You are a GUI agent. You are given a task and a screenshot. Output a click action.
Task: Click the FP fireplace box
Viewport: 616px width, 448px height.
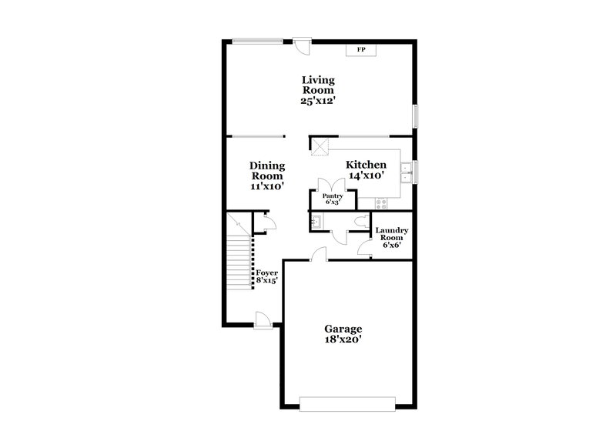(360, 50)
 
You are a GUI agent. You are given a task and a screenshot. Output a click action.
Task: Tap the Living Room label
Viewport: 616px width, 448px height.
(318, 85)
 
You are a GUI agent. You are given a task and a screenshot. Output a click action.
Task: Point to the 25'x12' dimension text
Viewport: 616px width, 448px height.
(318, 100)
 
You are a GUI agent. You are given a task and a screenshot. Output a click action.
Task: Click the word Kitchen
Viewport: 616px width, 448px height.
(366, 165)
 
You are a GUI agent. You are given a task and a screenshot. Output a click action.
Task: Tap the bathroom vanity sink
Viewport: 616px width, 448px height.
(316, 221)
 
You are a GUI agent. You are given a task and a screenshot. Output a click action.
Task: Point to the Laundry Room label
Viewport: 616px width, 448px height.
(391, 238)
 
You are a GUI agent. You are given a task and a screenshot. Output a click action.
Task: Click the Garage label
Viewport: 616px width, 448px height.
(343, 329)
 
